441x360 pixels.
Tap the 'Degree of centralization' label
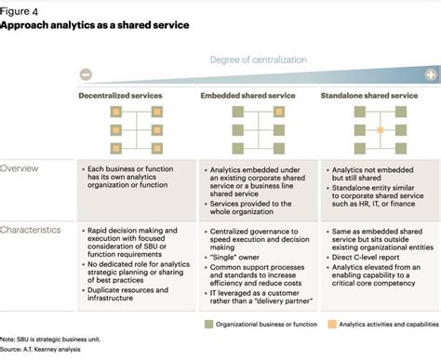tap(258, 60)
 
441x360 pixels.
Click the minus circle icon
tap(85, 75)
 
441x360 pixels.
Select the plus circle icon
tap(431, 74)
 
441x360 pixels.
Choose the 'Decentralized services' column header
tap(124, 96)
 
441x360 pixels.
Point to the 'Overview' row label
tap(20, 168)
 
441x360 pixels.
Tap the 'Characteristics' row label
tap(31, 229)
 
